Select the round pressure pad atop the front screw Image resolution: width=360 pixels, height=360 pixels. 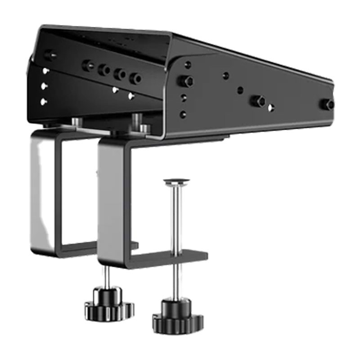(x=176, y=182)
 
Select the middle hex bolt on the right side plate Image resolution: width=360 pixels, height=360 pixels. (x=257, y=101)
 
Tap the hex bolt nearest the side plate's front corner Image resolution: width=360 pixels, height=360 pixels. (x=184, y=81)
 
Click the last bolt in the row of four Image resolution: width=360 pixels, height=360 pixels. (x=135, y=78)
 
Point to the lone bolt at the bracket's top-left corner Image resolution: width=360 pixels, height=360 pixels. (x=50, y=56)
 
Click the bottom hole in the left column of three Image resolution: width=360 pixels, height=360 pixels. (x=44, y=102)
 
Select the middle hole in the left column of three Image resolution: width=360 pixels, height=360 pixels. (x=44, y=85)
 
